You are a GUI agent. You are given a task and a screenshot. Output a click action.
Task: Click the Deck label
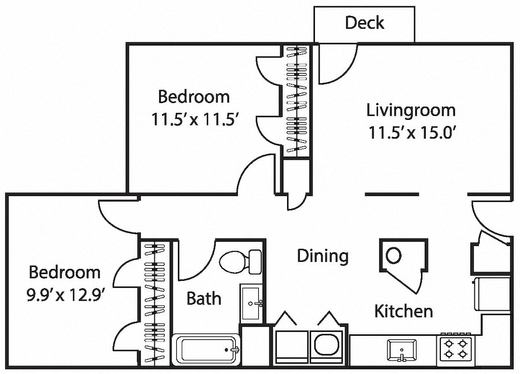click(x=365, y=23)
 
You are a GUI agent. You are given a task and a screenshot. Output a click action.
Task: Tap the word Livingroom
click(x=411, y=110)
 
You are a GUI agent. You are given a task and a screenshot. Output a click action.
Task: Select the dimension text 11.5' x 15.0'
click(x=411, y=133)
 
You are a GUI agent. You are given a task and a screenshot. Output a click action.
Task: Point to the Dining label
click(x=322, y=255)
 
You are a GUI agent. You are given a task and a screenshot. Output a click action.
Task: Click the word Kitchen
click(x=403, y=311)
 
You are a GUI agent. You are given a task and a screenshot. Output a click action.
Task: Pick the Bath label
click(x=203, y=299)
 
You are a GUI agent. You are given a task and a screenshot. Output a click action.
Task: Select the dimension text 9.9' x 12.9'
click(x=65, y=294)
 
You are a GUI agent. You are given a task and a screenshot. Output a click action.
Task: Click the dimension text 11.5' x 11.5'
click(x=195, y=120)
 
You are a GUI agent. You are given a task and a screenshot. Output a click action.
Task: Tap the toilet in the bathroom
click(x=240, y=262)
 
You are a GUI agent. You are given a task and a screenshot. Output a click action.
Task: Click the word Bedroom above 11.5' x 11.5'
click(x=194, y=96)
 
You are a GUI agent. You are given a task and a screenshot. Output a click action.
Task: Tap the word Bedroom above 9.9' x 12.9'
click(x=65, y=272)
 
